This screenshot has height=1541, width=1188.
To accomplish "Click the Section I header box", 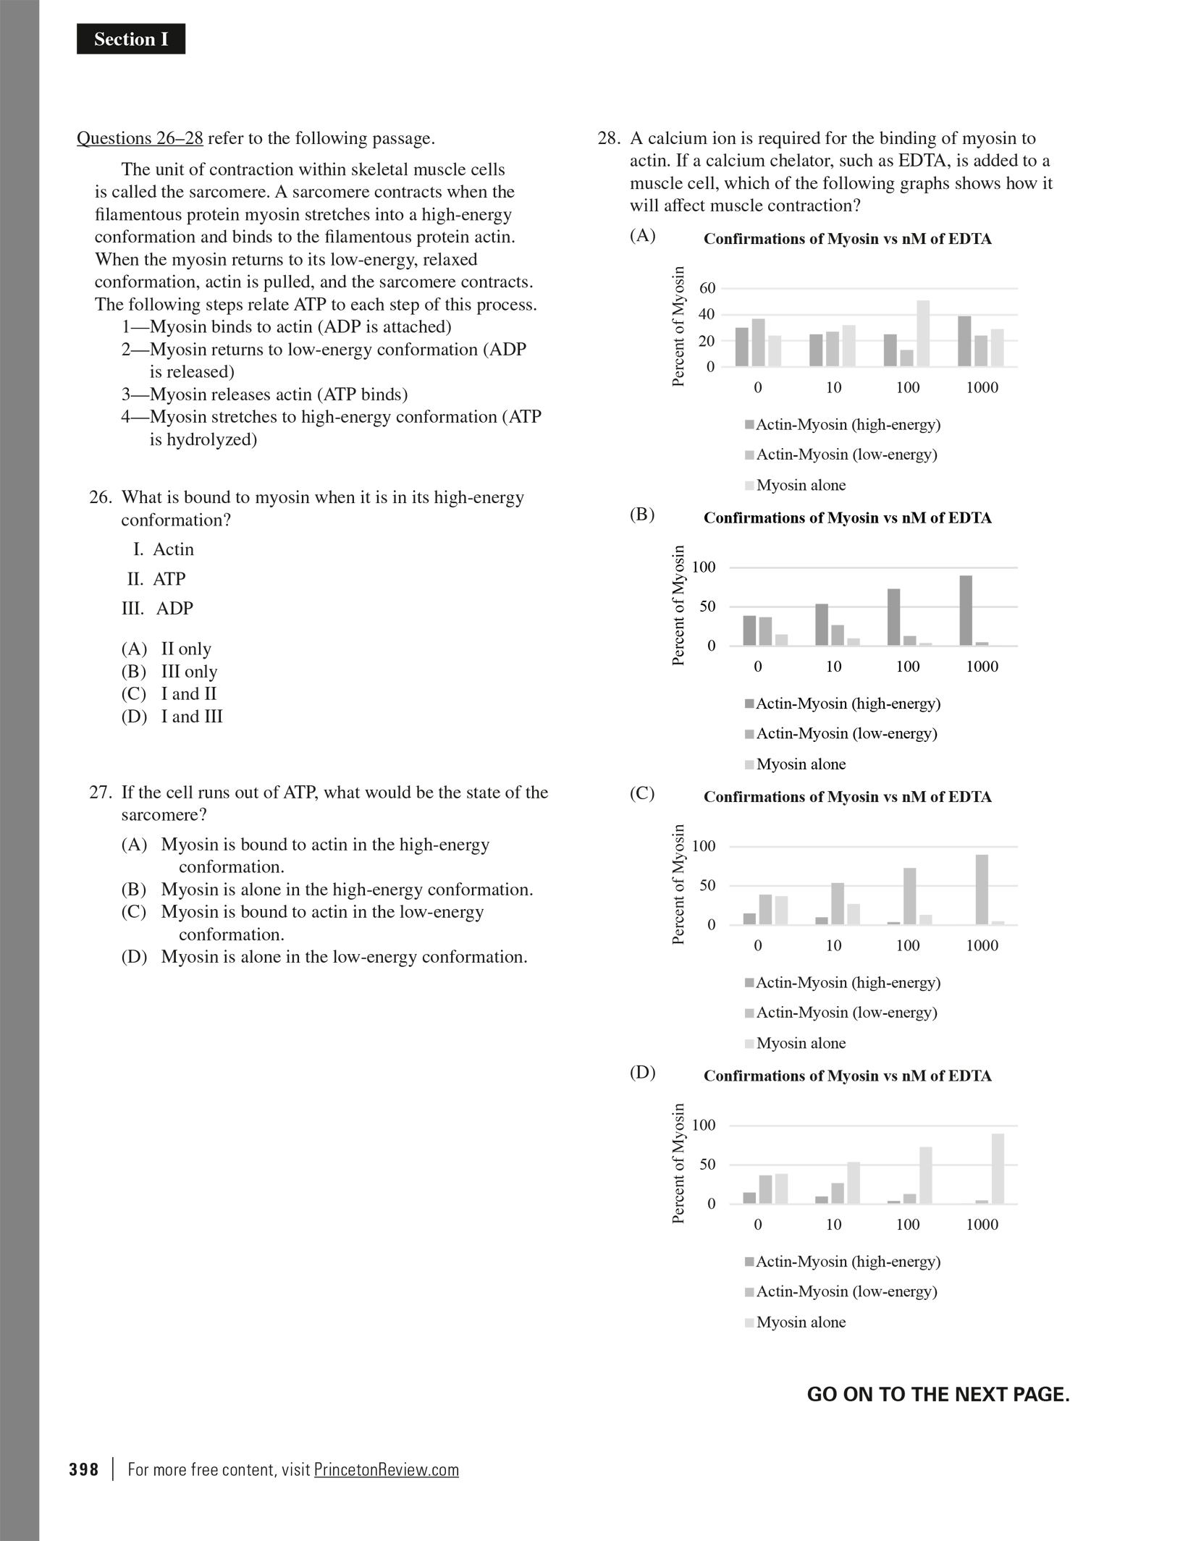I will click(131, 39).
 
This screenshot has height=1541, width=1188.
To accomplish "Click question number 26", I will click(101, 497).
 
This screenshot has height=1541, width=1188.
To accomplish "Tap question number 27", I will click(101, 793).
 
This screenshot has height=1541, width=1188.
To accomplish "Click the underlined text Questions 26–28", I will click(140, 138).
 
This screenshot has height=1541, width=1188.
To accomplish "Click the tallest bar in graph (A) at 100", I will click(923, 334).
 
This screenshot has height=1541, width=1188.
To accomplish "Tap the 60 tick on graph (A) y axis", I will click(707, 288).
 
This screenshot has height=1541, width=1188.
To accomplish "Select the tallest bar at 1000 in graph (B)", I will click(966, 610).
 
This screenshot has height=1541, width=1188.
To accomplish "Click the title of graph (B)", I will click(847, 518).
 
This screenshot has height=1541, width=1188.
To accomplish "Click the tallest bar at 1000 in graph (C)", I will click(982, 890).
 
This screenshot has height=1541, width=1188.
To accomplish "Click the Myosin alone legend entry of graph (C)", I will click(800, 1043).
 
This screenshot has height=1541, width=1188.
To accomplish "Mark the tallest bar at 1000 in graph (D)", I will click(998, 1168).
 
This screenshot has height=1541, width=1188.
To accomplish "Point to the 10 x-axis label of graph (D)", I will click(833, 1225).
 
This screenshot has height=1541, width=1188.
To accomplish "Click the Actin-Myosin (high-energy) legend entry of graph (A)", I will click(847, 425).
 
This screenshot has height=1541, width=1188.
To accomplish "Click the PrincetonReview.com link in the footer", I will click(386, 1470).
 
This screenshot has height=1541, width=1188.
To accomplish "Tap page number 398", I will click(84, 1470).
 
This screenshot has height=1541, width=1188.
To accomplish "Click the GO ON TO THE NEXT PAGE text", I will click(938, 1395).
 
